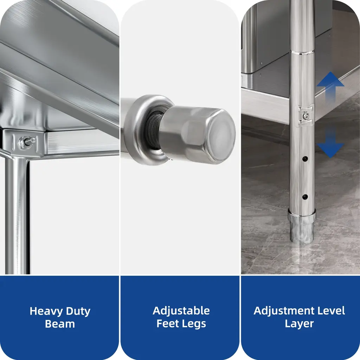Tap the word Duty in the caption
tap(78, 311)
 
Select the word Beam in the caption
tap(60, 324)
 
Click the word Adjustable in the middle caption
tap(181, 311)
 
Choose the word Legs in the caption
tap(193, 324)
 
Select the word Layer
tap(299, 324)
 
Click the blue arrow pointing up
tap(330, 87)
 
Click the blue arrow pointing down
tap(330, 142)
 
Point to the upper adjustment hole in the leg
tap(305, 159)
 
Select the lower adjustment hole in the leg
tap(305, 197)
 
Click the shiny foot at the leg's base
tap(302, 226)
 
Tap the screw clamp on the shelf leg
tap(306, 116)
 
